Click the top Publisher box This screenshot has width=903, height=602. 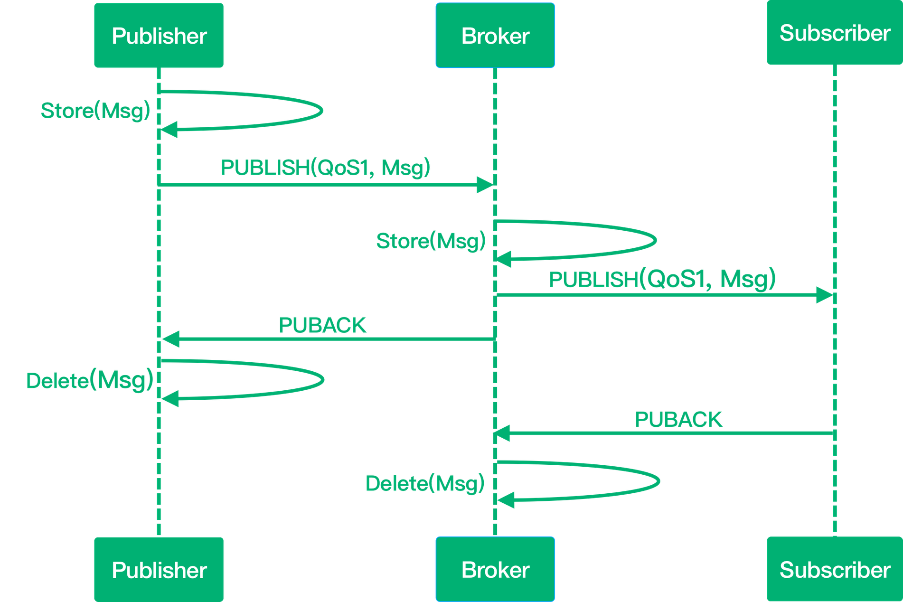tap(159, 36)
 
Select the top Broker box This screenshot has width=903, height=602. tap(495, 36)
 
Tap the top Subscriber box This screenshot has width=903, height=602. tap(834, 33)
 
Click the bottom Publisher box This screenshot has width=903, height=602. tap(159, 569)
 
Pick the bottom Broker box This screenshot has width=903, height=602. tap(495, 569)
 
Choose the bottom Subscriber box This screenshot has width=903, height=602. tap(834, 569)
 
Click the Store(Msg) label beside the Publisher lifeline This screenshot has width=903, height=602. tap(95, 111)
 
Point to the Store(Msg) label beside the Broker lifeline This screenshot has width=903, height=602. tap(431, 241)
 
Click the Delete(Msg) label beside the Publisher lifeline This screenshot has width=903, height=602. tap(90, 380)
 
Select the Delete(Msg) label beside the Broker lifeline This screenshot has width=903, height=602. tap(425, 483)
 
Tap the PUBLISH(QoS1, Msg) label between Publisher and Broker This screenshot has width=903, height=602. tap(325, 168)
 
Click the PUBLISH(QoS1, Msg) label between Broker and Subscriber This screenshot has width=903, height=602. tap(662, 279)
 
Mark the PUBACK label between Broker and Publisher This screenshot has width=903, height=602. tap(322, 325)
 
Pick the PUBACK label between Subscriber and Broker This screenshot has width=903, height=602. tap(678, 419)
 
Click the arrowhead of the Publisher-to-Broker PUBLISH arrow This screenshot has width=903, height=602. tap(485, 185)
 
